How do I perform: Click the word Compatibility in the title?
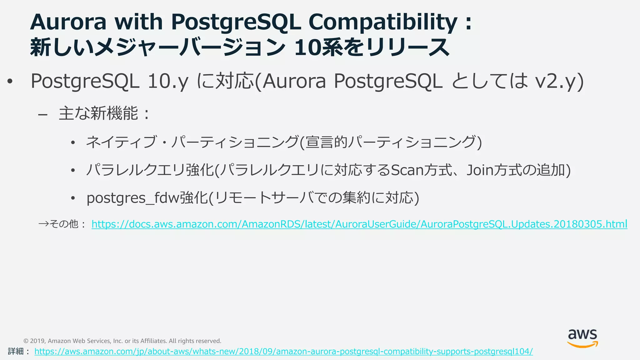(x=382, y=22)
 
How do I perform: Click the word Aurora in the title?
(x=68, y=22)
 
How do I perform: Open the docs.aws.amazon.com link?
(x=359, y=224)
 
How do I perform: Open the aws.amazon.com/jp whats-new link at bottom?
(x=283, y=351)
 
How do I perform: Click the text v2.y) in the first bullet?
(x=559, y=81)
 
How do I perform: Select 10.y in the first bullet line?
(x=168, y=81)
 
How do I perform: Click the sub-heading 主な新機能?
(x=98, y=113)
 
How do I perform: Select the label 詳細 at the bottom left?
(x=16, y=351)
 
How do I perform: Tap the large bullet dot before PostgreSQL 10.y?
(x=10, y=82)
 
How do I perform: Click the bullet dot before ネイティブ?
(x=73, y=143)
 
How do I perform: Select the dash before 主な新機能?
(x=43, y=115)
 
